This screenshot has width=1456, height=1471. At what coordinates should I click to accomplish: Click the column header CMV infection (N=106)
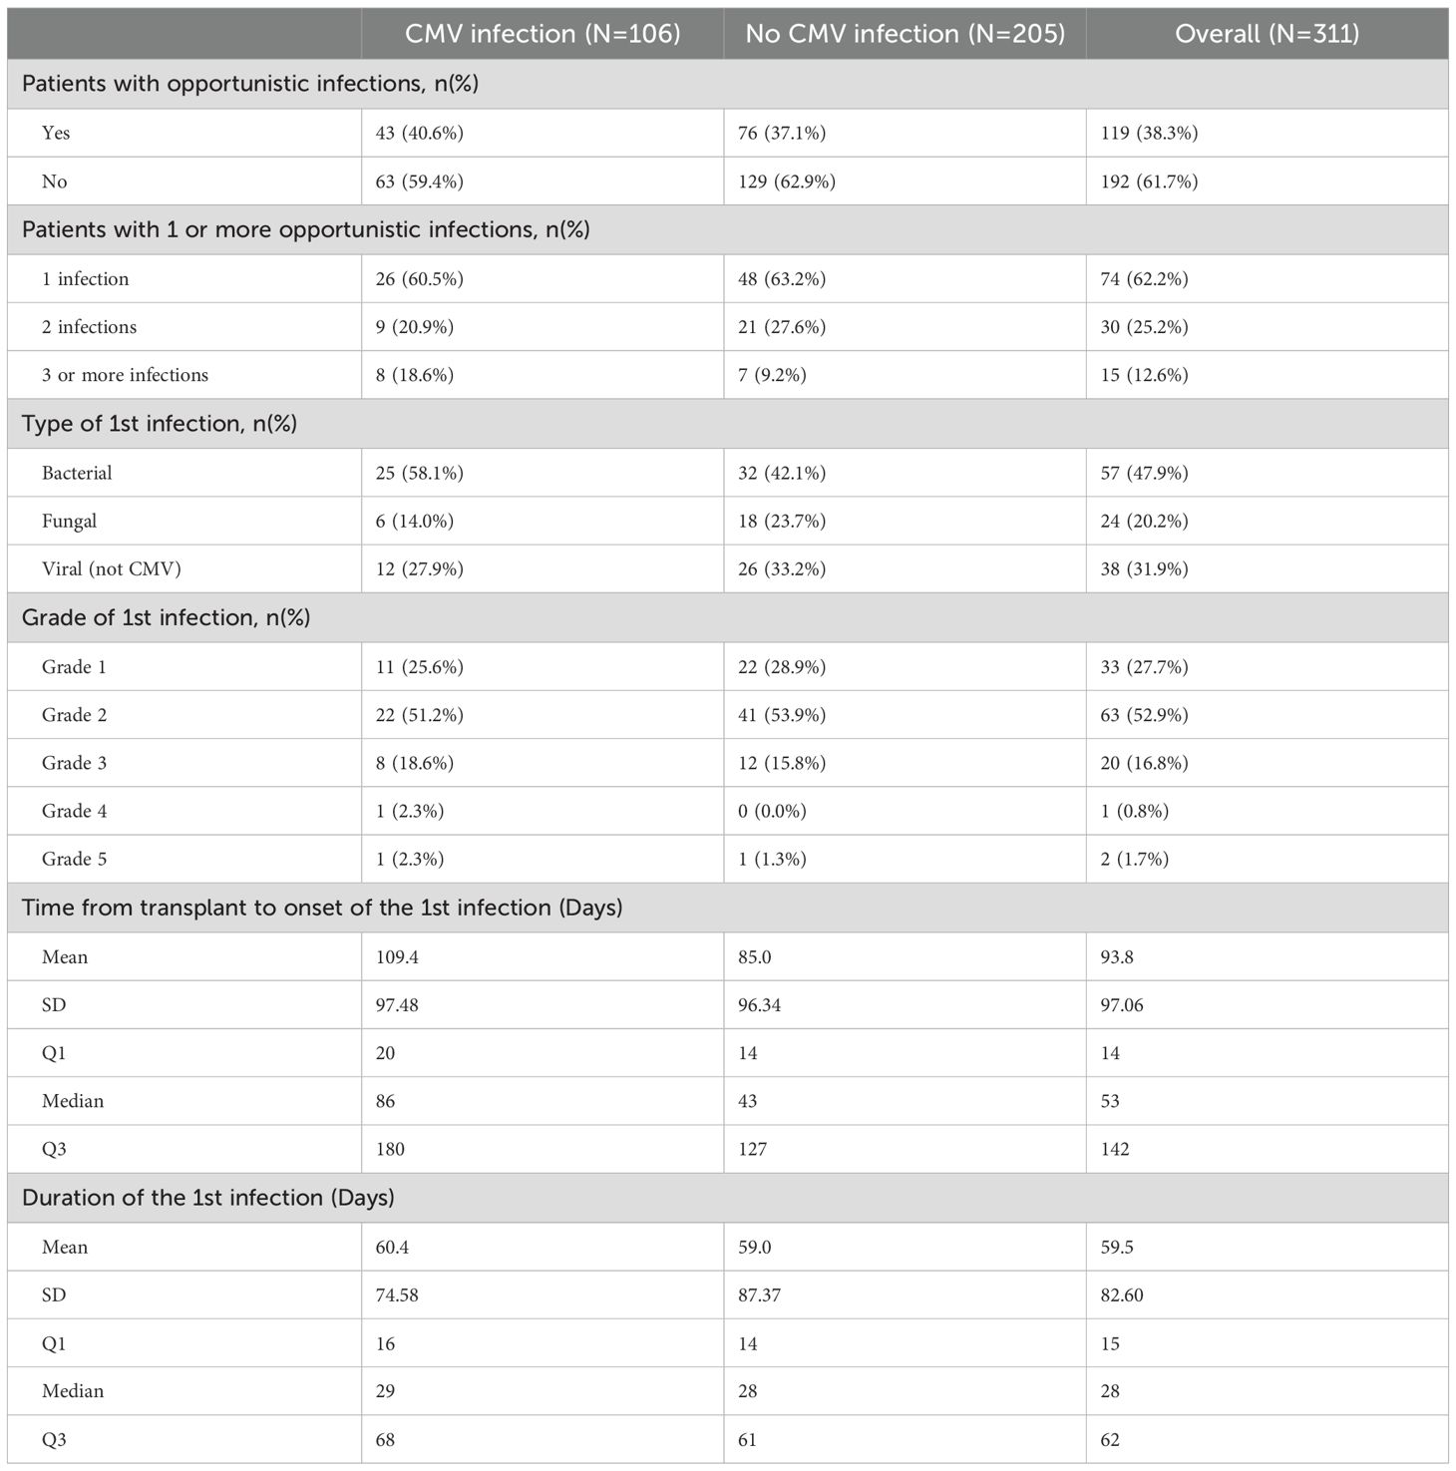pyautogui.click(x=543, y=34)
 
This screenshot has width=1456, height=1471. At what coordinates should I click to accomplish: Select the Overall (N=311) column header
pyautogui.click(x=1267, y=34)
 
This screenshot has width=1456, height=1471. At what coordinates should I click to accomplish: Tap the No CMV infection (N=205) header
pyautogui.click(x=905, y=34)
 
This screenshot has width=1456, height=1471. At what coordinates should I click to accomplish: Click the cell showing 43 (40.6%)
pyautogui.click(x=420, y=133)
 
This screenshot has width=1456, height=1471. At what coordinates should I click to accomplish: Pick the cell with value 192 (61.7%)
pyautogui.click(x=1149, y=182)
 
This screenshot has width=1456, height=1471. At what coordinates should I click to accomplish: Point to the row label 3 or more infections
pyautogui.click(x=125, y=375)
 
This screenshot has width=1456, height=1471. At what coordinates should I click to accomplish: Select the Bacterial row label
pyautogui.click(x=77, y=473)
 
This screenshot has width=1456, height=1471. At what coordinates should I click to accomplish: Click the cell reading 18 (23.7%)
pyautogui.click(x=782, y=521)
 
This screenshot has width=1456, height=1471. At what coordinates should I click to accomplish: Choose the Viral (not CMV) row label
pyautogui.click(x=112, y=568)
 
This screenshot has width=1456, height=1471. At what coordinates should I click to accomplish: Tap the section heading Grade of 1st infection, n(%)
pyautogui.click(x=166, y=617)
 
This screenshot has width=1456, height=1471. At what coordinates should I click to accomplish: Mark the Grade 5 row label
pyautogui.click(x=74, y=859)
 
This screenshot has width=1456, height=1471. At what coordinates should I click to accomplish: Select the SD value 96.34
pyautogui.click(x=759, y=1004)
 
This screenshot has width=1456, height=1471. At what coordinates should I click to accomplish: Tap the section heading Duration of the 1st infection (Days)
pyautogui.click(x=207, y=1197)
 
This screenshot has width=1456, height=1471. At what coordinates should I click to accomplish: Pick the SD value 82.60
pyautogui.click(x=1122, y=1294)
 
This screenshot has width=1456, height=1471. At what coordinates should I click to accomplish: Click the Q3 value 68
pyautogui.click(x=386, y=1439)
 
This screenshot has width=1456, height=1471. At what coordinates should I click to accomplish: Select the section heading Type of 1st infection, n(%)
pyautogui.click(x=160, y=424)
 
